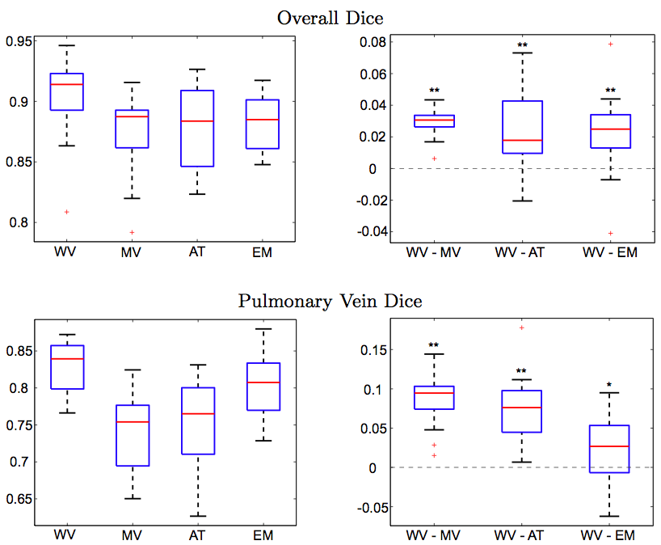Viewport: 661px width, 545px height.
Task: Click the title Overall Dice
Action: (329, 16)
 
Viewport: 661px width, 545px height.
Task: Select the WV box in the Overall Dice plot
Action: (65, 91)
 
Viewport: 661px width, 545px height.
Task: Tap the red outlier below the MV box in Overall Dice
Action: (131, 232)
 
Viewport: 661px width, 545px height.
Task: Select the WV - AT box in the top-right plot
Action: (522, 127)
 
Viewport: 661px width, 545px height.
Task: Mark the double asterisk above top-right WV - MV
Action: (435, 91)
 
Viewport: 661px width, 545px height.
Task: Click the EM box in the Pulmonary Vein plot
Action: (262, 387)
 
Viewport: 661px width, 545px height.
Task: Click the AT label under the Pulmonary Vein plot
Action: (196, 535)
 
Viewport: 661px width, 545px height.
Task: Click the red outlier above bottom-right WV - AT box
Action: (522, 327)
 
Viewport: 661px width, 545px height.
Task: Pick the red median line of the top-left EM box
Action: (262, 120)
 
